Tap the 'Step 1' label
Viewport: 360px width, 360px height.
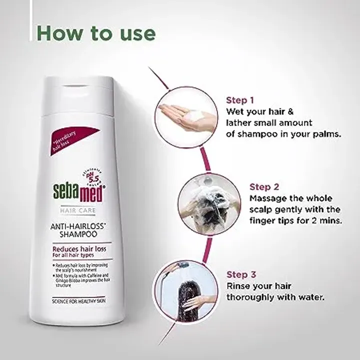coord(241,99)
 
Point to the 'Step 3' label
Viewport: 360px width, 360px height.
coord(242,274)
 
